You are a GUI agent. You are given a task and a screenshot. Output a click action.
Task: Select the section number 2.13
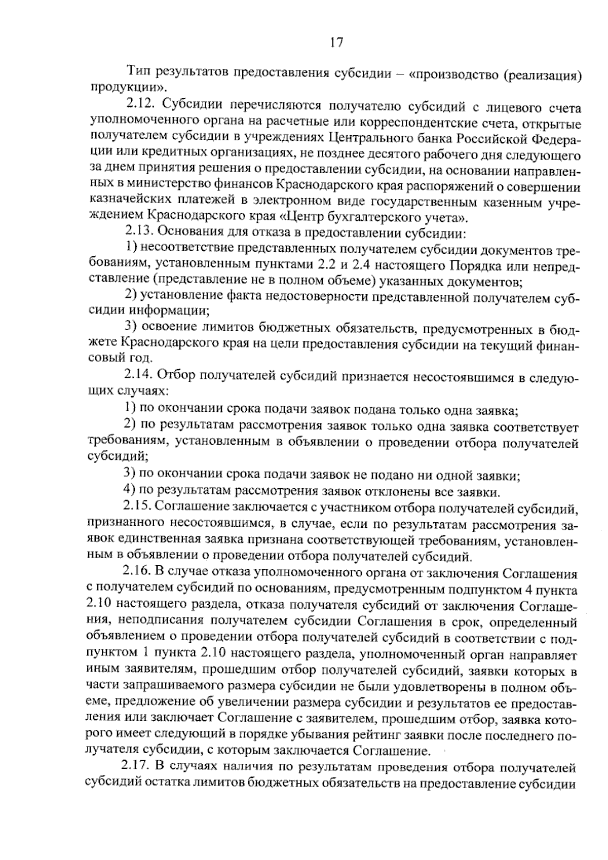pyautogui.click(x=139, y=233)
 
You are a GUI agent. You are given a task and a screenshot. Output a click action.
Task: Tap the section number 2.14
pyautogui.click(x=138, y=376)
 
